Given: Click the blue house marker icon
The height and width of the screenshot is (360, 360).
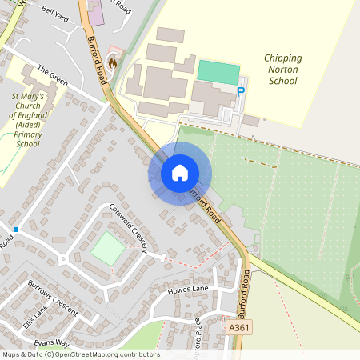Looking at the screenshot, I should [x=180, y=173].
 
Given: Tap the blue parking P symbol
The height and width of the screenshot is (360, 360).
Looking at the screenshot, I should [x=241, y=91].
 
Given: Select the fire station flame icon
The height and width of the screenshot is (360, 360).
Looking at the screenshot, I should [x=113, y=61].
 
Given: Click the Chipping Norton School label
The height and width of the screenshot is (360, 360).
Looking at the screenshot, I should [x=282, y=70].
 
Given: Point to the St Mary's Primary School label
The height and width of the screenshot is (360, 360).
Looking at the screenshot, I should [x=28, y=120].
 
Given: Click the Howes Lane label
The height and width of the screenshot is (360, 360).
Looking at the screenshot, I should [x=188, y=290].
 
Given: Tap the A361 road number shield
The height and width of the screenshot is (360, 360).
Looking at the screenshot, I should [x=238, y=329].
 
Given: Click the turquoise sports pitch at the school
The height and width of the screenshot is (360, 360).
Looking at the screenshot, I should [x=218, y=71].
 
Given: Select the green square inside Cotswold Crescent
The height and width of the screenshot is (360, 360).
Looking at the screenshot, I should [x=107, y=249].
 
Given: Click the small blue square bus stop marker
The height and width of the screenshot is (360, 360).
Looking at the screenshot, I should [x=15, y=230].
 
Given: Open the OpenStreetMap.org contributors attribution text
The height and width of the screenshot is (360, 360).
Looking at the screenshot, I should [x=103, y=354].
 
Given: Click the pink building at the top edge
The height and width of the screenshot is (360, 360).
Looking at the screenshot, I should [x=95, y=12].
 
